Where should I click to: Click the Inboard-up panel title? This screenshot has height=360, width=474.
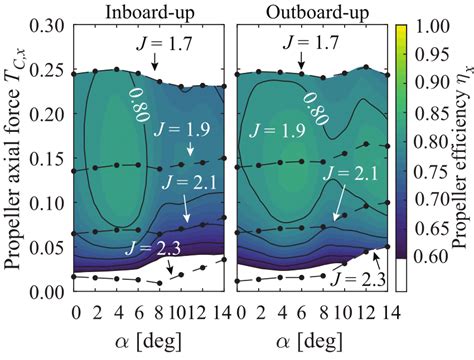(150, 12)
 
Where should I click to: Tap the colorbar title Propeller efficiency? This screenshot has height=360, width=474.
(461, 150)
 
